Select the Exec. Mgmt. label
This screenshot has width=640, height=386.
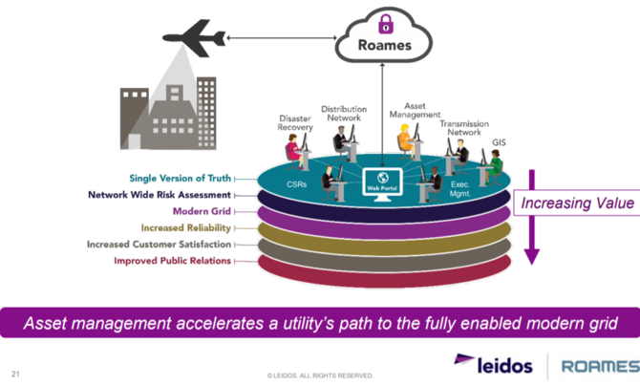462,188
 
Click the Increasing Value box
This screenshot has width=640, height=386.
576,203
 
